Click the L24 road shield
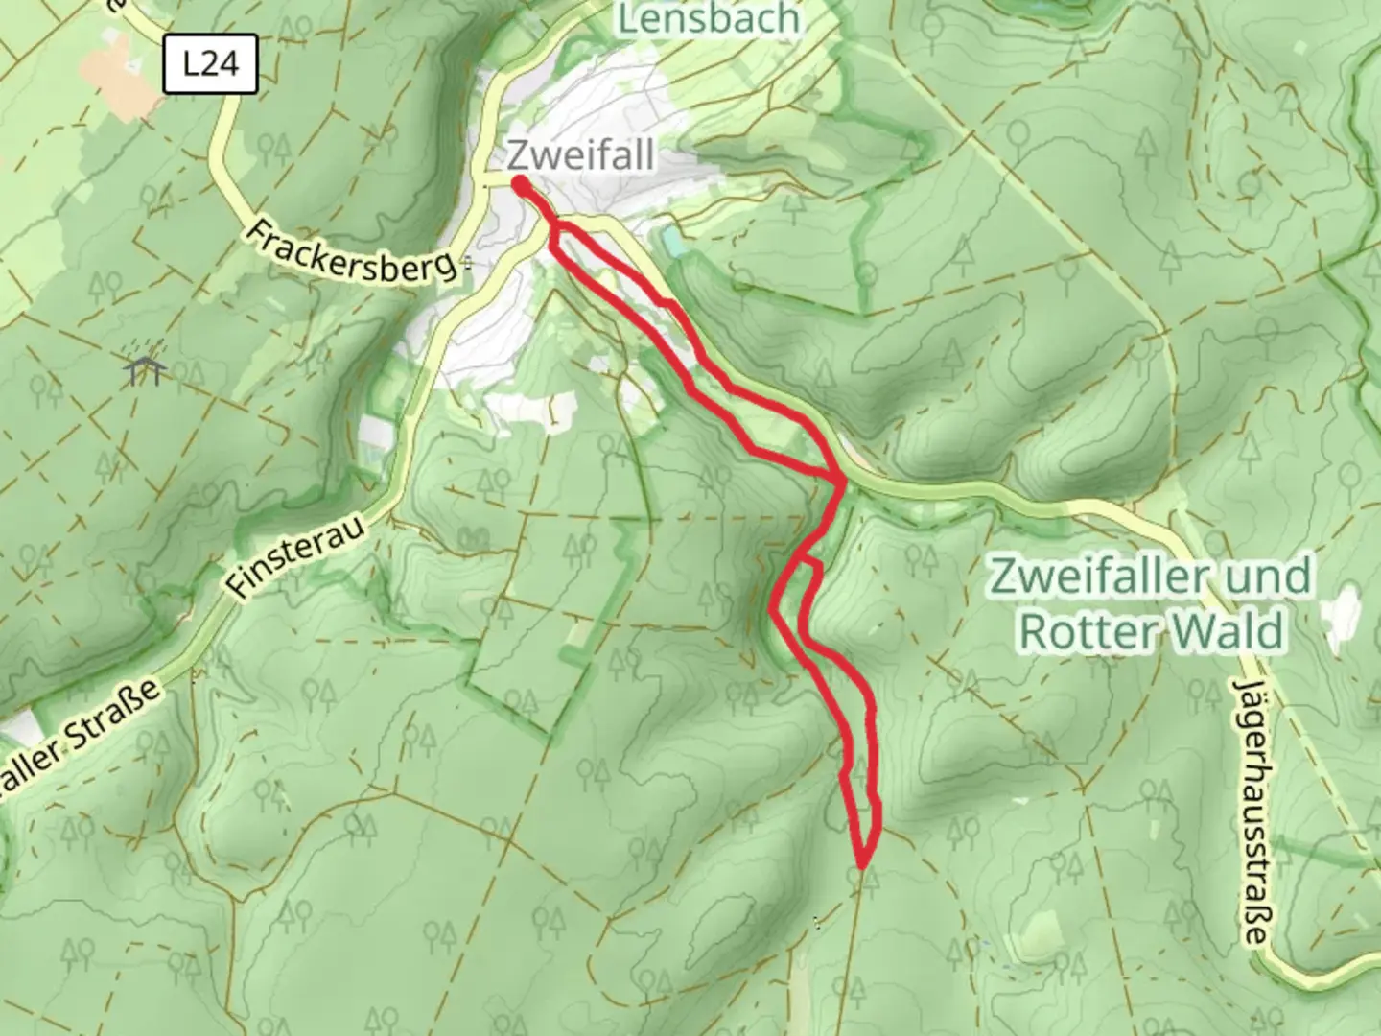coord(210,64)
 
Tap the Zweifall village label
coord(581,154)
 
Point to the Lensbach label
coord(709,18)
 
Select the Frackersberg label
coord(352,252)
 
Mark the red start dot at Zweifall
coord(519,184)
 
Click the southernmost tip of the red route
coord(862,865)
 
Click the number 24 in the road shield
coord(222,64)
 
